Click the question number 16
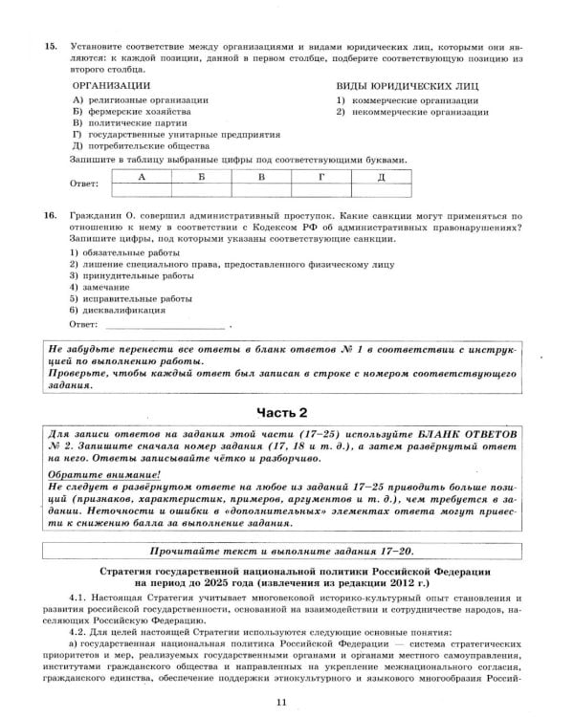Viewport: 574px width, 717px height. (x=52, y=216)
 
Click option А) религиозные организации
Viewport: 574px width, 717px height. (x=140, y=99)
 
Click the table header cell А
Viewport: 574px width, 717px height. (x=142, y=176)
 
